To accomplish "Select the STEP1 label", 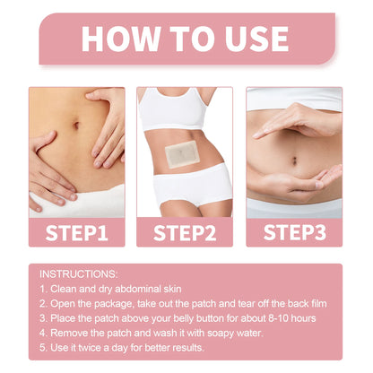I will pyautogui.click(x=75, y=234).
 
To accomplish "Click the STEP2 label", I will pyautogui.click(x=186, y=234).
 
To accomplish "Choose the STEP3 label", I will pyautogui.click(x=295, y=234).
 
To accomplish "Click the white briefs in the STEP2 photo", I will pyautogui.click(x=186, y=199).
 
